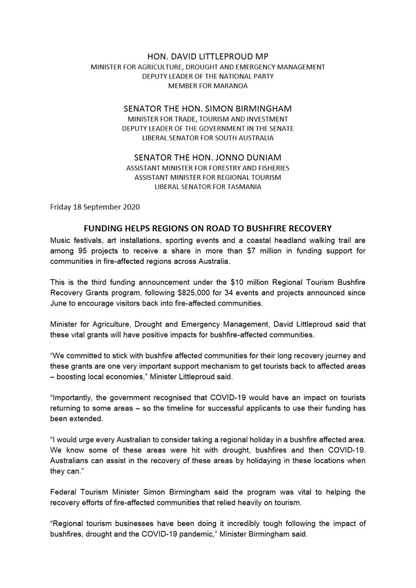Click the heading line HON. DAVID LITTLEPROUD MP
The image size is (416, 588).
point(208,56)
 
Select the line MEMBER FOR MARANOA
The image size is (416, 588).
point(208,86)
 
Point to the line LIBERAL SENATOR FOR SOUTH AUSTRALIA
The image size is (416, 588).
point(208,138)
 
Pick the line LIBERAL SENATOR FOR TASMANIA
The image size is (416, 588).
point(208,187)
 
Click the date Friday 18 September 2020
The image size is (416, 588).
point(95,207)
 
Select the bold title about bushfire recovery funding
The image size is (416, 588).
point(208,229)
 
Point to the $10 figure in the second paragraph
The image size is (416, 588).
point(236,282)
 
